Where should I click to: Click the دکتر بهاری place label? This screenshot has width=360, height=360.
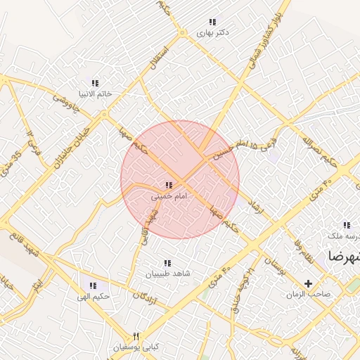point(212,32)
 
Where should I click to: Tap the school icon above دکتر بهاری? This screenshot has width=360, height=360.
point(212,22)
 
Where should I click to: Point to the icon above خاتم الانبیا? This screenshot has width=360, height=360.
point(95,84)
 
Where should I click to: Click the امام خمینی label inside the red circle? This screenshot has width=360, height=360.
point(169,196)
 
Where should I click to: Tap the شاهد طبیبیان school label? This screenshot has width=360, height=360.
point(168,273)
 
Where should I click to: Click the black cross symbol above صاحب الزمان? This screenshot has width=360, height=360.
point(308,283)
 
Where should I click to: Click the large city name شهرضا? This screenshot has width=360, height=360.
point(342,255)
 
